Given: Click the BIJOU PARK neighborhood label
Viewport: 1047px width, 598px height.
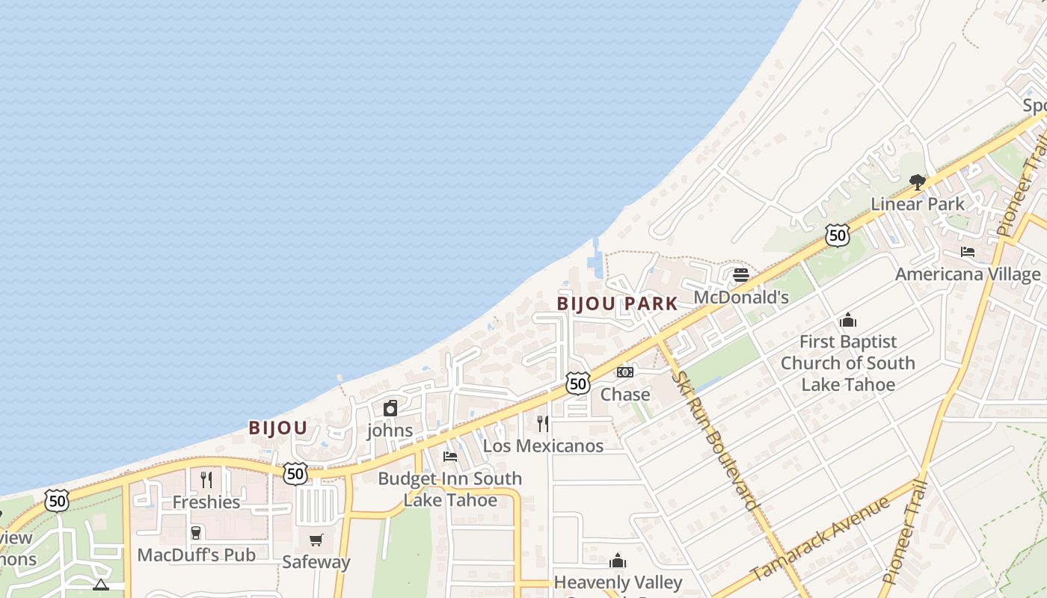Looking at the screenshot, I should click(x=617, y=303).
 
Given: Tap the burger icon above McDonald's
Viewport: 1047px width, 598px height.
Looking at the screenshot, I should click(x=741, y=275).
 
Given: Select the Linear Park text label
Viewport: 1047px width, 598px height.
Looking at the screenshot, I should click(x=918, y=204).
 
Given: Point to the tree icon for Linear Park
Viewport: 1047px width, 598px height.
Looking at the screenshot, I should click(x=918, y=182).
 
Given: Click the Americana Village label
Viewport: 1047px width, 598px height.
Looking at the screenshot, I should click(x=968, y=274).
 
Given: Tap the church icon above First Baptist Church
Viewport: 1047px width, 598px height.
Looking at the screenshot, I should click(x=848, y=320).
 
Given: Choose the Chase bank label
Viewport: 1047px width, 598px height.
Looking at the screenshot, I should click(x=625, y=394).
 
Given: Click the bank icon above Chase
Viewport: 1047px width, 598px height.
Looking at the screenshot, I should click(x=625, y=372).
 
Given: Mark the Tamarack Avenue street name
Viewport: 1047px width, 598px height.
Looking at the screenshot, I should click(x=820, y=537).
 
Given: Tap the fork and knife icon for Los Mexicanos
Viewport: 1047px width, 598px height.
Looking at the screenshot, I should click(x=543, y=424).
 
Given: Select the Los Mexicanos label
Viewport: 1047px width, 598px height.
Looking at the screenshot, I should click(x=543, y=446).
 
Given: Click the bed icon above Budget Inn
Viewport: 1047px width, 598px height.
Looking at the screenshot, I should click(x=450, y=456).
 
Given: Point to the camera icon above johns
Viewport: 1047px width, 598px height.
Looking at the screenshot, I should click(x=390, y=408).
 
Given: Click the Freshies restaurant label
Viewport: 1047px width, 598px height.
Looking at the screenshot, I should click(x=206, y=502).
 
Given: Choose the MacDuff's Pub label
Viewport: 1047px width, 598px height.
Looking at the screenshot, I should click(x=196, y=555).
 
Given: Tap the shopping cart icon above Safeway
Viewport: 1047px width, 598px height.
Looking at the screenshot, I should click(x=316, y=540).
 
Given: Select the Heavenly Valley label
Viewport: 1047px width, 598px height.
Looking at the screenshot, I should click(x=618, y=582).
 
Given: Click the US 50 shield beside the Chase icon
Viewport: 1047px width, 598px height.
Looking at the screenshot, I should click(x=577, y=383).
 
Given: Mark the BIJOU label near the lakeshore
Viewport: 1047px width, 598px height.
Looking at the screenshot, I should click(x=278, y=428).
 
